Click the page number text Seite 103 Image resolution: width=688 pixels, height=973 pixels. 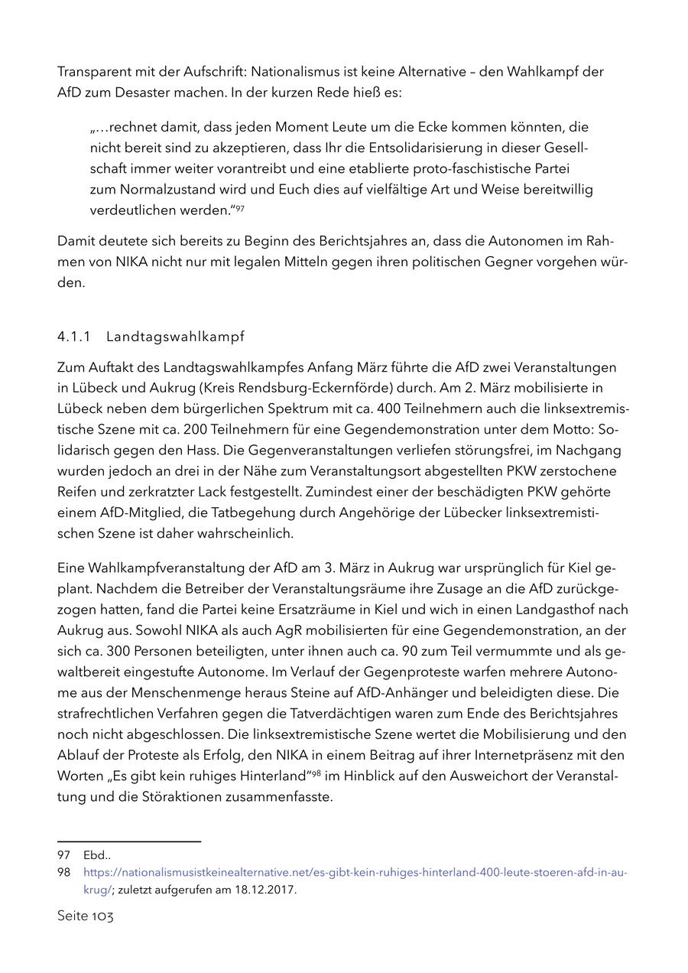[x=85, y=916]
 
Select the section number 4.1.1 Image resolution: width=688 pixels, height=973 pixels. [x=73, y=337]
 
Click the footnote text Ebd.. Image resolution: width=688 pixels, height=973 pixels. [x=96, y=855]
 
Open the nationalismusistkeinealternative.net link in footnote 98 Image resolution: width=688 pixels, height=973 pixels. [x=355, y=872]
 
